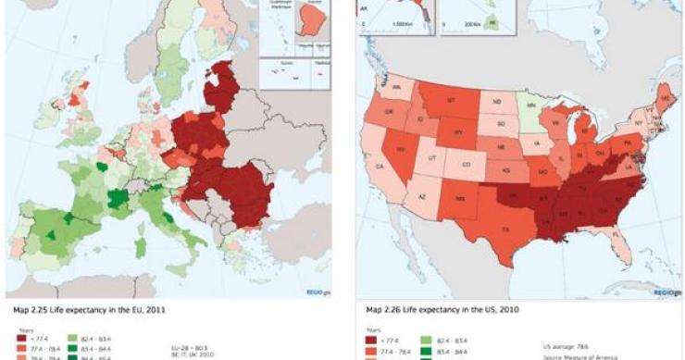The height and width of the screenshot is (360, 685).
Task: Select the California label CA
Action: pos(380,167)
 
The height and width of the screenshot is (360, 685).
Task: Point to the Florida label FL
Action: pos(591,236)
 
